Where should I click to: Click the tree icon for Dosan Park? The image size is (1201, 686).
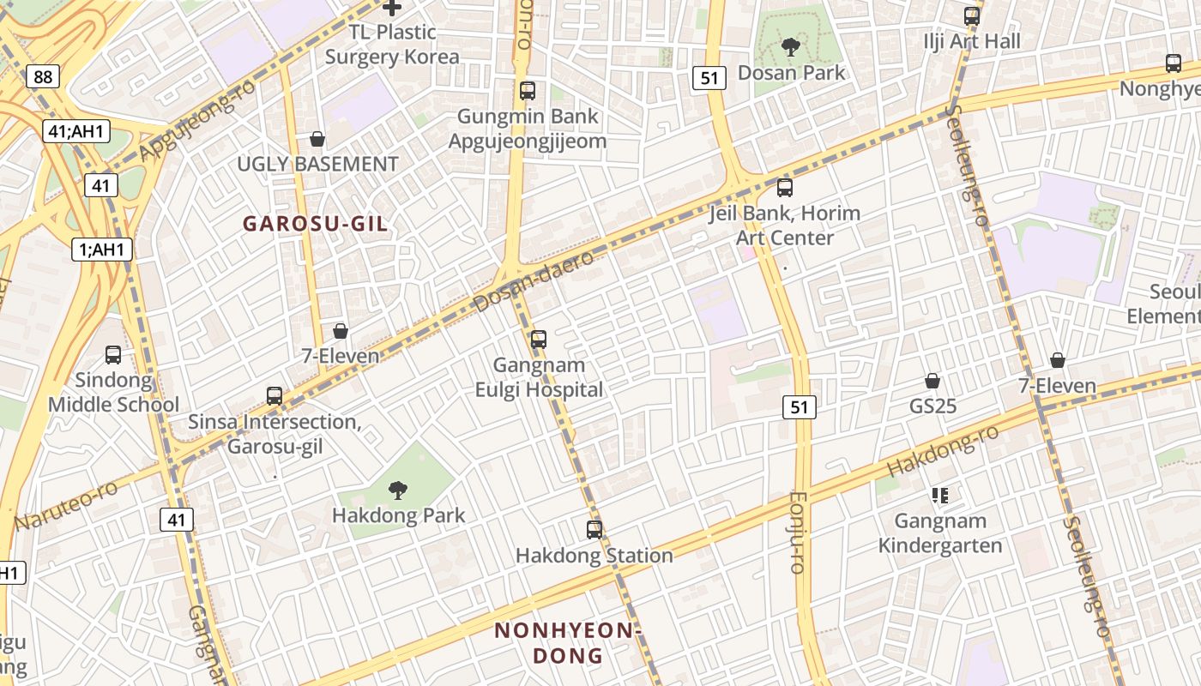(790, 47)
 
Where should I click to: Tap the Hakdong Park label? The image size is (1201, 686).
(398, 515)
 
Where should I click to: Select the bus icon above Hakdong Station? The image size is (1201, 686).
(594, 530)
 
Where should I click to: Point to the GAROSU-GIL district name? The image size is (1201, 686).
(315, 224)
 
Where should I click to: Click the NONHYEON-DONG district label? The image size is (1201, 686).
(568, 643)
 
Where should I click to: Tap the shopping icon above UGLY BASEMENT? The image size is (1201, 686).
(317, 139)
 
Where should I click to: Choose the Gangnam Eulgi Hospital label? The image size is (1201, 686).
(539, 377)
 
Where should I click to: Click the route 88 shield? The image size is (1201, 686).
(43, 77)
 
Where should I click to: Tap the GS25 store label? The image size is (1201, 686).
(932, 406)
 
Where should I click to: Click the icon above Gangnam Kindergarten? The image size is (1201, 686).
(940, 495)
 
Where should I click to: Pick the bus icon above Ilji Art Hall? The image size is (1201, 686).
(972, 15)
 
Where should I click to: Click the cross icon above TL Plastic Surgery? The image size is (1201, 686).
(392, 9)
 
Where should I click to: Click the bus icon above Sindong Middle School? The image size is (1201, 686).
(112, 354)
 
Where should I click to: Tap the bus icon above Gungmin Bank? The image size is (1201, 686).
(528, 90)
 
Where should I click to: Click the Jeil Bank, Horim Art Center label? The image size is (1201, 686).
(784, 225)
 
